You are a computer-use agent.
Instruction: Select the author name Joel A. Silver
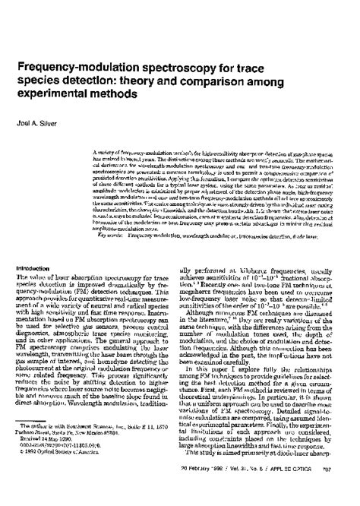pyautogui.click(x=40, y=119)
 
